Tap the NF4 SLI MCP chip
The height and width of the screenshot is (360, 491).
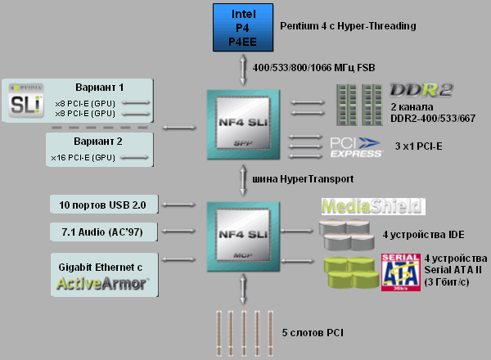coord(244,237)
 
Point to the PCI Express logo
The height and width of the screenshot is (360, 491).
coord(356,146)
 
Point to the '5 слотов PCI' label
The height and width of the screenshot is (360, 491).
coord(312,333)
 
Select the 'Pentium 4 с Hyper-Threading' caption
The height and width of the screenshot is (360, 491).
coord(348,26)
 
